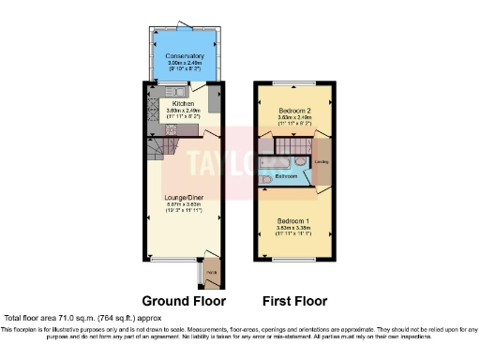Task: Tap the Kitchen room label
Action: tap(183, 103)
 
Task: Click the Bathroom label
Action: tap(286, 176)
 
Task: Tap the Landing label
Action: tap(322, 160)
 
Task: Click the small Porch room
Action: tap(210, 274)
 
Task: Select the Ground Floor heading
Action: tap(183, 302)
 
